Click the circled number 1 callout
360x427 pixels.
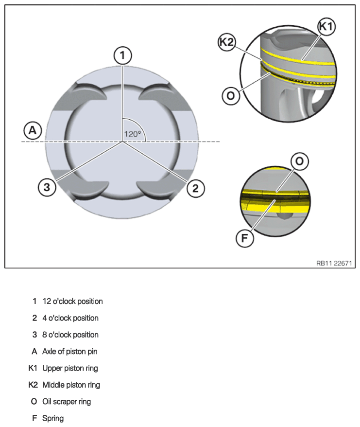pos(123,55)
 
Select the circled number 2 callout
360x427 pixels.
pos(195,188)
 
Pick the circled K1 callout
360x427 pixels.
pos(326,27)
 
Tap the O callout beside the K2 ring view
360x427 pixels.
pos(231,96)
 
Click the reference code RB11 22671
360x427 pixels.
pos(334,263)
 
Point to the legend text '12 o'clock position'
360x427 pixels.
pos(72,301)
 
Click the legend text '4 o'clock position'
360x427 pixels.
pos(70,318)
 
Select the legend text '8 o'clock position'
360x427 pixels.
pos(70,335)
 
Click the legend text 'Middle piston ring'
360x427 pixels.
pos(71,385)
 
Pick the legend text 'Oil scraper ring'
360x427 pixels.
pos(67,402)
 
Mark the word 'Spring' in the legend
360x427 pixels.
pos(53,418)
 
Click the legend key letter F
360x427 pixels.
pos(34,418)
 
